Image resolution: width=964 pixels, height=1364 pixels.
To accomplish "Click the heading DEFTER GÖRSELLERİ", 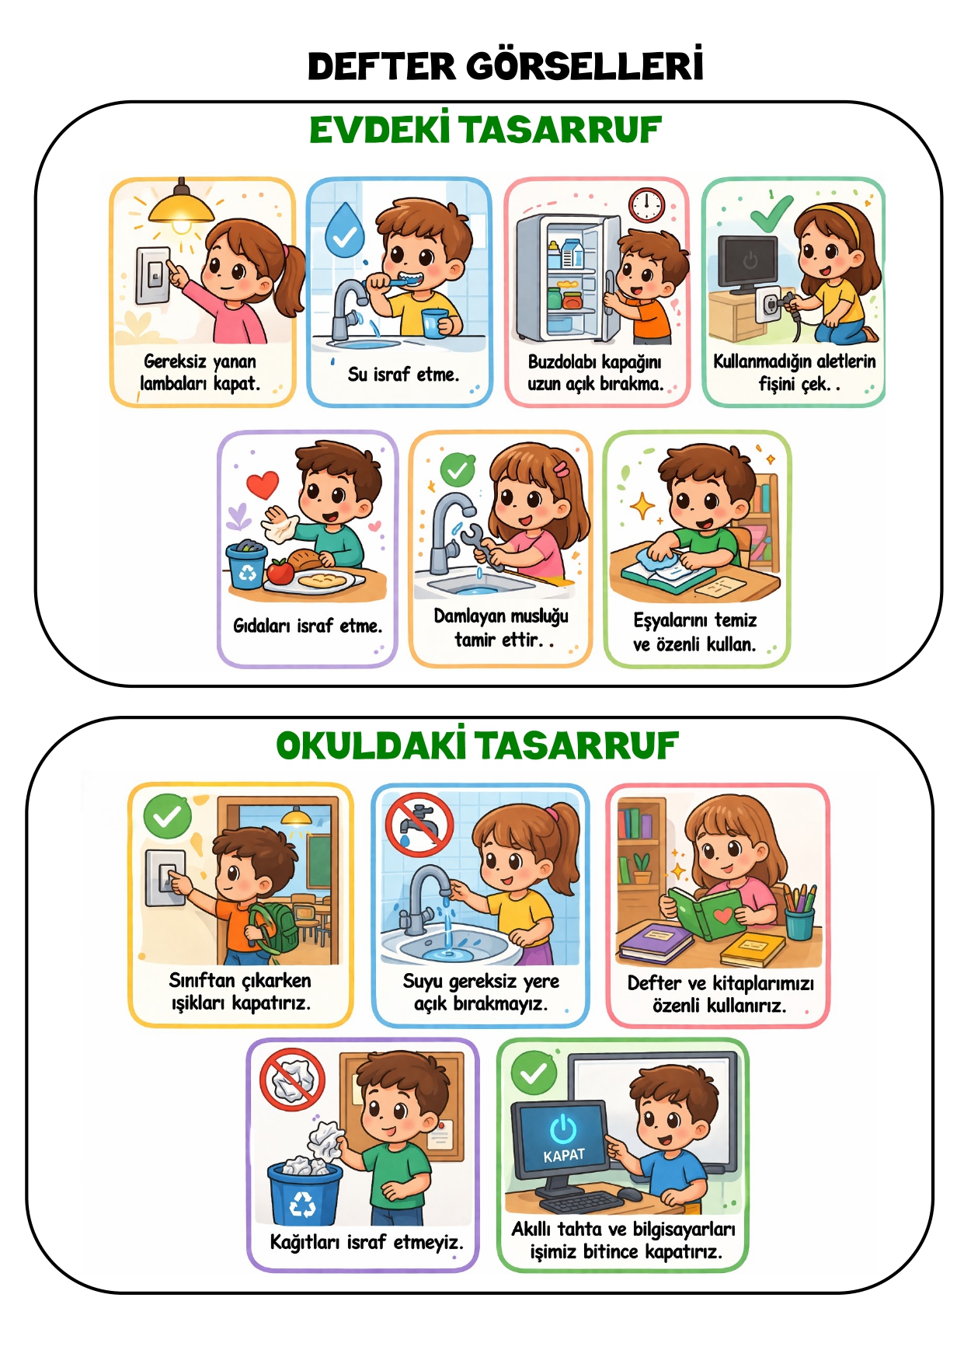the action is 506,65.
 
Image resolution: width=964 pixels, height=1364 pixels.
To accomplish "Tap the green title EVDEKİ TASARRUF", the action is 485,130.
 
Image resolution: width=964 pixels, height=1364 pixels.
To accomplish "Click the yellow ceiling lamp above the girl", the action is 181,207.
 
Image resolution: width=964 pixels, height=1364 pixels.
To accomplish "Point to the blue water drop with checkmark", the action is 345,230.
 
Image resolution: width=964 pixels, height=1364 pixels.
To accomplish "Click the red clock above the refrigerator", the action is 647,205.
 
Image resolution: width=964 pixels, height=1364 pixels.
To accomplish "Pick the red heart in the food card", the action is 263,484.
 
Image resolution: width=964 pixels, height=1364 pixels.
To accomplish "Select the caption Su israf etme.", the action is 403,374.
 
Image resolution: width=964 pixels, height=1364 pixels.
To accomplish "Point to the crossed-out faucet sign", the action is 419,825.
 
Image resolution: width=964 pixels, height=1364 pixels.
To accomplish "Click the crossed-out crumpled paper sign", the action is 292,1080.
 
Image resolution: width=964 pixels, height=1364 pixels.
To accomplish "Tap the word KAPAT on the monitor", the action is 564,1156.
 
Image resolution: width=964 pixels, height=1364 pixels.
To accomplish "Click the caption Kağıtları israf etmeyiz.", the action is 367,1242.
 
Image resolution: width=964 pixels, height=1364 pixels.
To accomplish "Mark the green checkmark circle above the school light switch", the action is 167,816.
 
